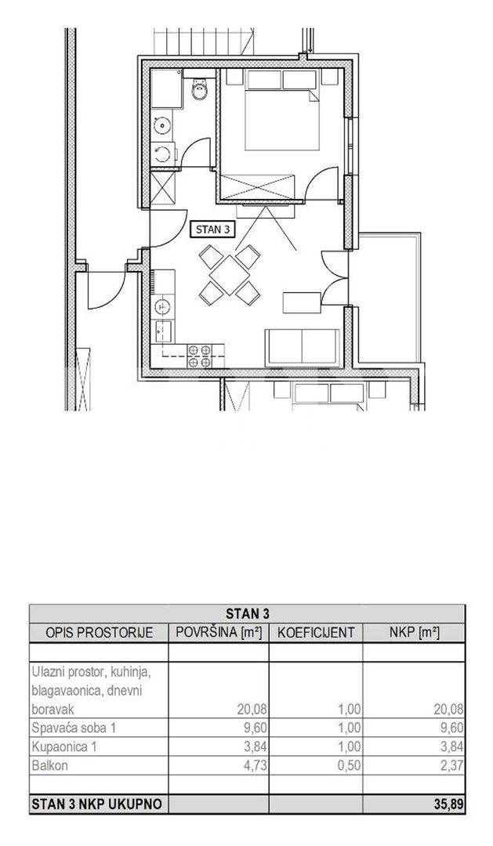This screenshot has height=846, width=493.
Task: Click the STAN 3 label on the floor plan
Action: pyautogui.click(x=212, y=230)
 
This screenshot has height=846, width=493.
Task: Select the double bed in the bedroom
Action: pyautogui.click(x=282, y=110)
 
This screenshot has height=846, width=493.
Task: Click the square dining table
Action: pyautogui.click(x=229, y=275)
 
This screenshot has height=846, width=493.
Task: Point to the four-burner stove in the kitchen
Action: pyautogui.click(x=199, y=356)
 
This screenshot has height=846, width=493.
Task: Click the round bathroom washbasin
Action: pyautogui.click(x=161, y=126)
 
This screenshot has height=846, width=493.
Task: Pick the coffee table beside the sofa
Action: pyautogui.click(x=301, y=302)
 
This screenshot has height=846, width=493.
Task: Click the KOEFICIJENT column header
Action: pyautogui.click(x=316, y=633)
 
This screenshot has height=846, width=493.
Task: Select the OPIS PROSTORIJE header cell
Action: pyautogui.click(x=100, y=633)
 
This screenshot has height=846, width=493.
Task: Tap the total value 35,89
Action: pyautogui.click(x=448, y=804)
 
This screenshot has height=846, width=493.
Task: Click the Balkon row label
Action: pyautogui.click(x=50, y=765)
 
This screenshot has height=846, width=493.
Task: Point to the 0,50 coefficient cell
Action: pyautogui.click(x=349, y=766)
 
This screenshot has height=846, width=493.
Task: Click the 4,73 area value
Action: pyautogui.click(x=255, y=766)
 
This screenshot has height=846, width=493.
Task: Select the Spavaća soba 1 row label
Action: pyautogui.click(x=74, y=728)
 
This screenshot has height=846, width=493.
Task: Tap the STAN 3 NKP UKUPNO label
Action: pyautogui.click(x=97, y=804)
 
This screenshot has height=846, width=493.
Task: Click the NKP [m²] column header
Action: pyautogui.click(x=414, y=633)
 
